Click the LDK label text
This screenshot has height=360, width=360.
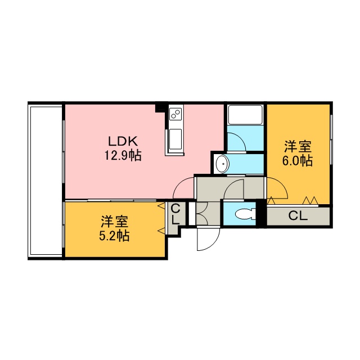pyautogui.click(x=123, y=141)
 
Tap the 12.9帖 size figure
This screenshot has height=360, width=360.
pyautogui.click(x=123, y=155)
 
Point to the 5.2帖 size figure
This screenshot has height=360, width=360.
pyautogui.click(x=114, y=236)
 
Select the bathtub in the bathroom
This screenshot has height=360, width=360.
pyautogui.click(x=245, y=115)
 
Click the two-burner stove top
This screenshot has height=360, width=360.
pyautogui.click(x=176, y=114)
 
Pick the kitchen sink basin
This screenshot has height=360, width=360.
pyautogui.click(x=175, y=139)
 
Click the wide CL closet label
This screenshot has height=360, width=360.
pyautogui.click(x=298, y=216)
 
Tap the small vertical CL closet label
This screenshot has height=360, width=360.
pyautogui.click(x=175, y=214)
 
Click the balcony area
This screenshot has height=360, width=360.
pyautogui.click(x=45, y=180)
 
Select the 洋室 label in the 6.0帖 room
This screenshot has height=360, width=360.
pyautogui.click(x=298, y=146)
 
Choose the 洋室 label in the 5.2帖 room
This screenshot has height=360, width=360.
pyautogui.click(x=115, y=222)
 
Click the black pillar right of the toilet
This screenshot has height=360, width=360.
pyautogui.click(x=261, y=214)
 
